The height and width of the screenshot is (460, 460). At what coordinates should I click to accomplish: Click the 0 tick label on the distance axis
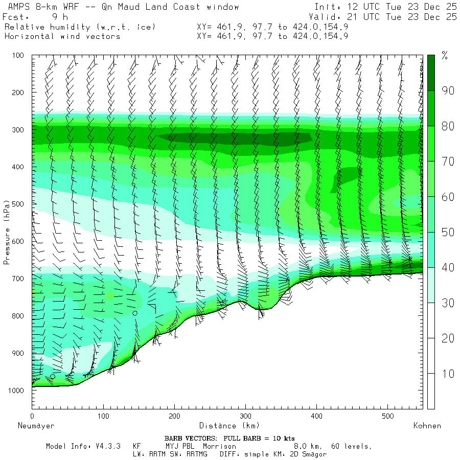coord(32,416)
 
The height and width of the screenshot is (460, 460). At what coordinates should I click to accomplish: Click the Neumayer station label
coord(36,426)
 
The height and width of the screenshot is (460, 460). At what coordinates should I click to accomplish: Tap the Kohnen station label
coord(427,426)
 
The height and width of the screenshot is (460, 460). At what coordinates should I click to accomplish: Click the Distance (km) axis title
coord(229,426)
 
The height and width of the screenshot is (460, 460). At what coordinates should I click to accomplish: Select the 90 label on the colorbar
coord(448,91)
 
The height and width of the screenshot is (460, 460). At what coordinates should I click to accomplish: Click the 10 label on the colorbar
coord(448,374)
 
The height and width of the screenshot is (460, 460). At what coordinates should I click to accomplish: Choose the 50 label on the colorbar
coord(448,233)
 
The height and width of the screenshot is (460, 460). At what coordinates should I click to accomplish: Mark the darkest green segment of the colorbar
coord(431,73)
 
